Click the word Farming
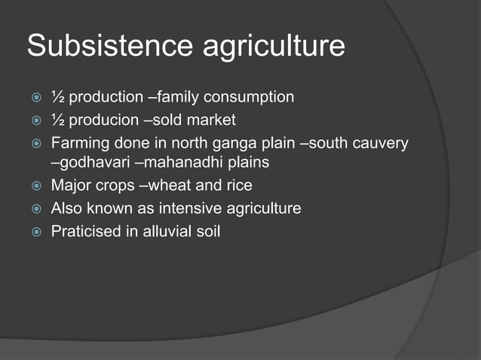[x=78, y=142]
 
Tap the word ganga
[x=229, y=142]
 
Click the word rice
[x=238, y=185]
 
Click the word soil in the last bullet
[x=207, y=230]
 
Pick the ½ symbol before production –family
[x=57, y=97]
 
